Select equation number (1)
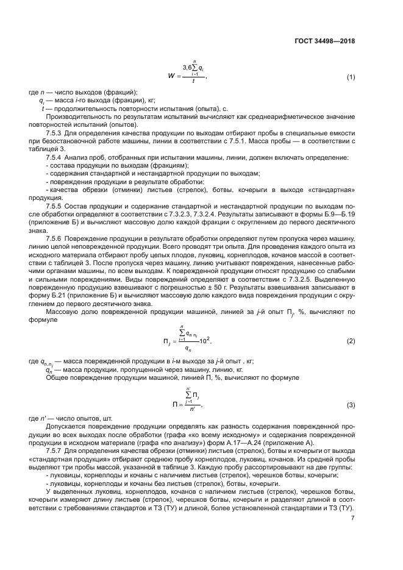pos(351,77)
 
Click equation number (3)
pos(351,405)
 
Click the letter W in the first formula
pos(170,77)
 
